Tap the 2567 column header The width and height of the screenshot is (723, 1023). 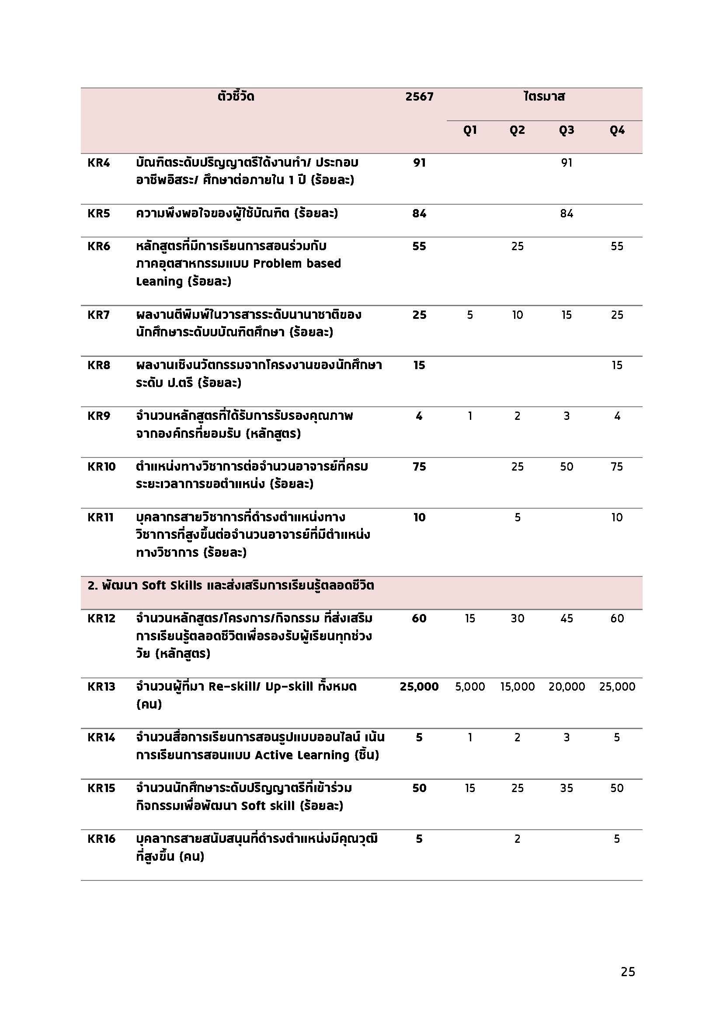pyautogui.click(x=419, y=97)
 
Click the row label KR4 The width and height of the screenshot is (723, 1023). pyautogui.click(x=98, y=163)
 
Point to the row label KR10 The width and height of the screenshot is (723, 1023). pyautogui.click(x=101, y=467)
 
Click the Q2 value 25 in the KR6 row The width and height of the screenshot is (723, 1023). pyautogui.click(x=517, y=246)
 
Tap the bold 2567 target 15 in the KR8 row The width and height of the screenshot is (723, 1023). pyautogui.click(x=419, y=365)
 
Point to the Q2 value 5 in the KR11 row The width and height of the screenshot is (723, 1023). pyautogui.click(x=517, y=517)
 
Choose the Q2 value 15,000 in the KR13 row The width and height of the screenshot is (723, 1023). pyautogui.click(x=517, y=687)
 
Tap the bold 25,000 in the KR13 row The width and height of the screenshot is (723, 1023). pyautogui.click(x=419, y=687)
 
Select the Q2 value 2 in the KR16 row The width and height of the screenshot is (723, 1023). pyautogui.click(x=517, y=839)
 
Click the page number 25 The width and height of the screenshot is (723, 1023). pyautogui.click(x=628, y=972)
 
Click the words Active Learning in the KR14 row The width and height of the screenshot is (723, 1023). pyautogui.click(x=302, y=755)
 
